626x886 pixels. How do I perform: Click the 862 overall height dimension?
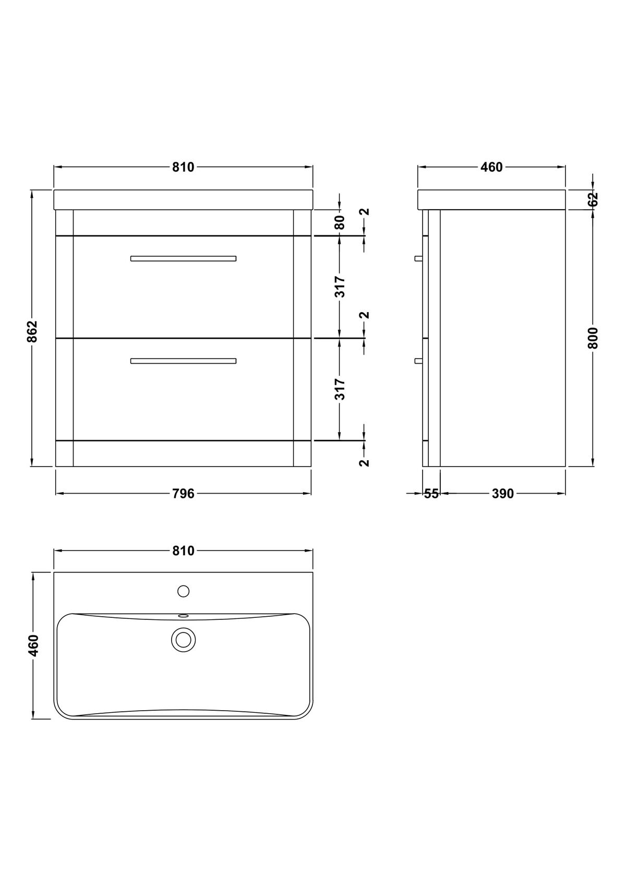(33, 331)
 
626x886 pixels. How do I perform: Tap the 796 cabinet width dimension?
(183, 494)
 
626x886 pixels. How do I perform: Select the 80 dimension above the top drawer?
(340, 222)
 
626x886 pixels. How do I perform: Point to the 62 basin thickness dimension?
(593, 199)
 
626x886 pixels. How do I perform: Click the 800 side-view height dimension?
(593, 338)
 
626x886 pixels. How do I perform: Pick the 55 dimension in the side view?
(431, 494)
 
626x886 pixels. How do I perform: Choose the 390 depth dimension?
(502, 494)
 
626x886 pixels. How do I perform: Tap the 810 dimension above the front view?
(183, 167)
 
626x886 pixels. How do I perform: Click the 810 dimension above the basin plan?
(183, 550)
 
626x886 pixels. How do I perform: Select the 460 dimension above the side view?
(491, 167)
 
